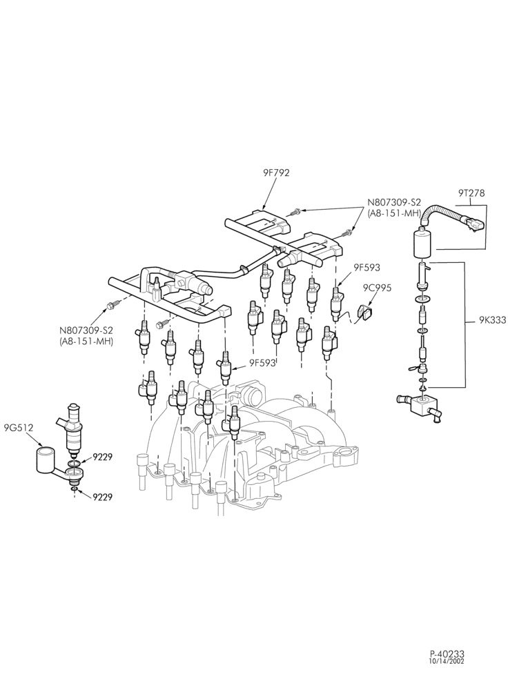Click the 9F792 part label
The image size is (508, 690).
(x=273, y=173)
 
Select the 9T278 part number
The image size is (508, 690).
(x=471, y=193)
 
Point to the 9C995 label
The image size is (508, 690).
(x=377, y=288)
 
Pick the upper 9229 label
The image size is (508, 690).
(x=102, y=457)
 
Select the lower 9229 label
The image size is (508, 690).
(x=102, y=497)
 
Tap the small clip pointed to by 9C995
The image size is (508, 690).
(x=364, y=312)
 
